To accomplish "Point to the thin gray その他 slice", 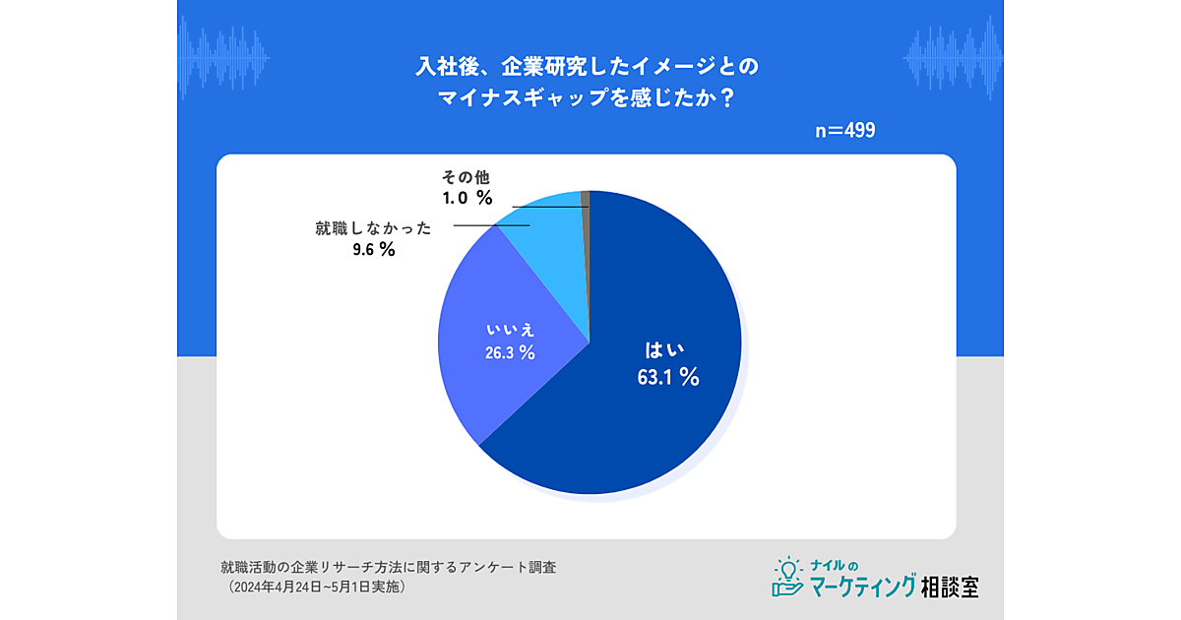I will (585, 198).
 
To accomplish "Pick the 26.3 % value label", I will (510, 352).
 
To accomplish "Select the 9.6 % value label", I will (373, 249).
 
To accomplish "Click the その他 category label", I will (465, 177).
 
